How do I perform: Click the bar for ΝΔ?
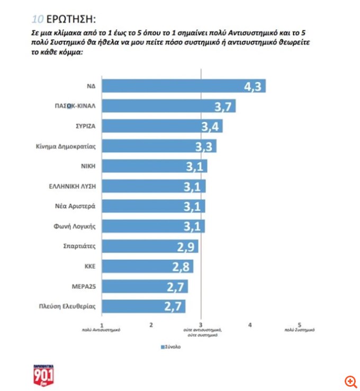click(x=183, y=86)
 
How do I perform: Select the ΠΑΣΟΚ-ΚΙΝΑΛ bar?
click(x=168, y=106)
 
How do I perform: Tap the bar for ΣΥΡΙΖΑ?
click(x=161, y=126)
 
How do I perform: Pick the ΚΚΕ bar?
click(x=147, y=266)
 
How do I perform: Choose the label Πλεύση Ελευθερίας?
click(x=70, y=307)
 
